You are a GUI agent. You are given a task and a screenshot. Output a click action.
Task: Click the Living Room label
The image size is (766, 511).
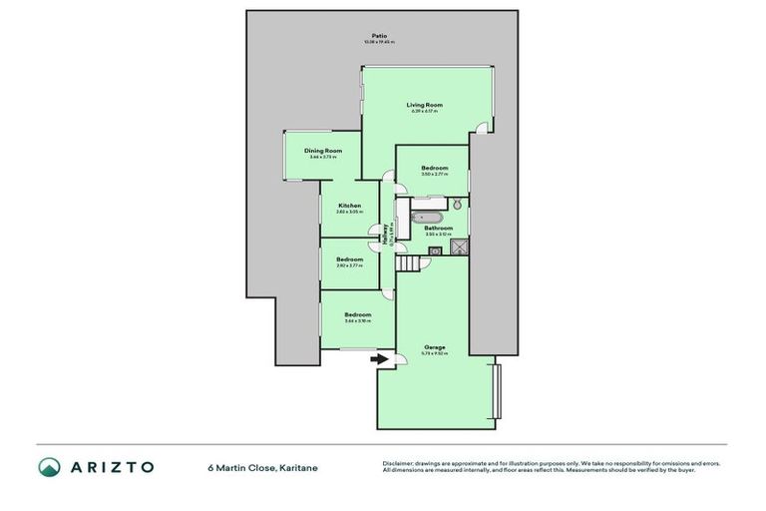coord(423,105)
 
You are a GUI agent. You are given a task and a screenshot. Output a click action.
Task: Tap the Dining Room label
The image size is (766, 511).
coord(323,151)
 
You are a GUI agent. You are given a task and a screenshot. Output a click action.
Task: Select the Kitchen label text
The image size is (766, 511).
coord(349,206)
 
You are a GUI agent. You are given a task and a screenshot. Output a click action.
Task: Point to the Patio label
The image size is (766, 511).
coord(379,37)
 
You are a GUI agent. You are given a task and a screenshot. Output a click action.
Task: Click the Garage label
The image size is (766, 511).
coord(434,347)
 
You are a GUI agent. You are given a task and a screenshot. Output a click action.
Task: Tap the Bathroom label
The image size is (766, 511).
coord(439,229)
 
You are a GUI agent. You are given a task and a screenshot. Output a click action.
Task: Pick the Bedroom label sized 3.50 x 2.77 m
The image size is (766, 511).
coord(434,168)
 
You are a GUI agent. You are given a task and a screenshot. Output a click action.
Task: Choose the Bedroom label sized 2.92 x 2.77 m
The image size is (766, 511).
coord(349,259)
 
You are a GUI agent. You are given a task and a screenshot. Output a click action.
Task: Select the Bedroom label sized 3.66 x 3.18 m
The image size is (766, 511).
coord(357,315)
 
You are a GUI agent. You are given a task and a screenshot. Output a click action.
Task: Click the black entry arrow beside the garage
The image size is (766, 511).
coord(379,359)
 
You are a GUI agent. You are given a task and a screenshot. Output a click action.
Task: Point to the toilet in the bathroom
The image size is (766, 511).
coord(457,205)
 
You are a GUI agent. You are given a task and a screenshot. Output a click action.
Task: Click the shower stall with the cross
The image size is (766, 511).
coord(458,249)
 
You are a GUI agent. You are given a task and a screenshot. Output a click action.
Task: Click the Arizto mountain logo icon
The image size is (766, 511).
coord(49,467)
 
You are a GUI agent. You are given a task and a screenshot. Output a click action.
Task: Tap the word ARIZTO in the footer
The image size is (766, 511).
coord(111,467)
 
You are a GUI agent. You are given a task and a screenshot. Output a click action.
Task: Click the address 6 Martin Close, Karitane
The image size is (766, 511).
coord(262,467)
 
